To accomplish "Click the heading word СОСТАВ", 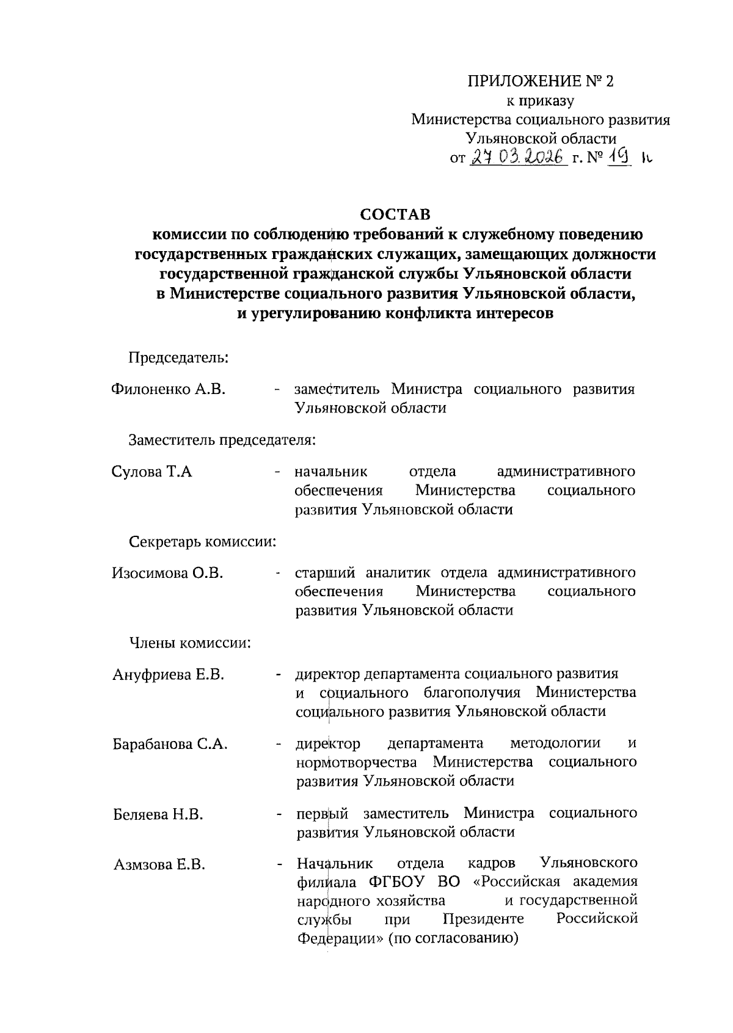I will click(x=395, y=214).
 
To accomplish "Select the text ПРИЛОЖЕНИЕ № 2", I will click(x=540, y=81).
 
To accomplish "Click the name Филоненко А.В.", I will click(x=169, y=389).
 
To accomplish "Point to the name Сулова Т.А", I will click(x=152, y=471).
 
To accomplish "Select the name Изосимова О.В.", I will click(x=167, y=572).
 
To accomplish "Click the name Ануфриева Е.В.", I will click(x=169, y=674).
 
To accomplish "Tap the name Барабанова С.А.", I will click(x=170, y=744).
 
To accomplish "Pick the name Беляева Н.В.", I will click(x=158, y=814).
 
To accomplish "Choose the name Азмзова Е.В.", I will click(x=159, y=864).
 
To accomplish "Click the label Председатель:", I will click(x=178, y=357).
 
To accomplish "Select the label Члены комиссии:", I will click(x=190, y=643).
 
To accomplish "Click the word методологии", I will click(x=555, y=743).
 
